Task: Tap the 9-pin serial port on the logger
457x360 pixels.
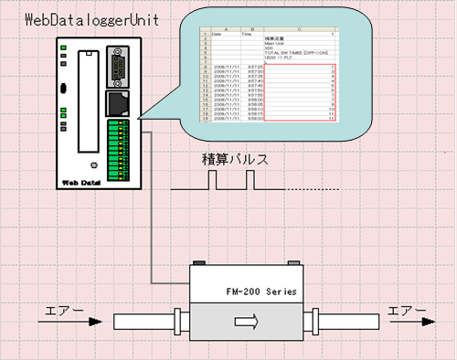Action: tap(116, 69)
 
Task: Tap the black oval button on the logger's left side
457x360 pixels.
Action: tap(61, 89)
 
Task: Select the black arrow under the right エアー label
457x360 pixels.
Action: tap(409, 322)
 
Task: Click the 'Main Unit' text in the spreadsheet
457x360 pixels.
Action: tap(278, 41)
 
